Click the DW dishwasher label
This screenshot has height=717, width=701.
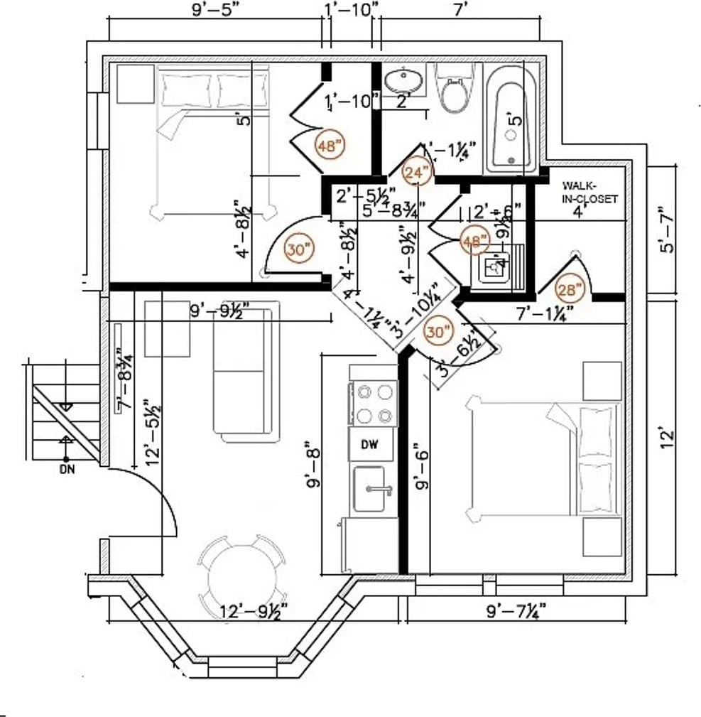tap(368, 445)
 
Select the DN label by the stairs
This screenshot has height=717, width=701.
tap(67, 470)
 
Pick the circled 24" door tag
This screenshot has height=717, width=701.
tap(417, 173)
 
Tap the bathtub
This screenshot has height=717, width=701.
tap(511, 118)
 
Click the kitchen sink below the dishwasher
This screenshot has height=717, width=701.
tap(370, 490)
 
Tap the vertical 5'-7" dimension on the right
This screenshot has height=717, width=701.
tap(664, 230)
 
